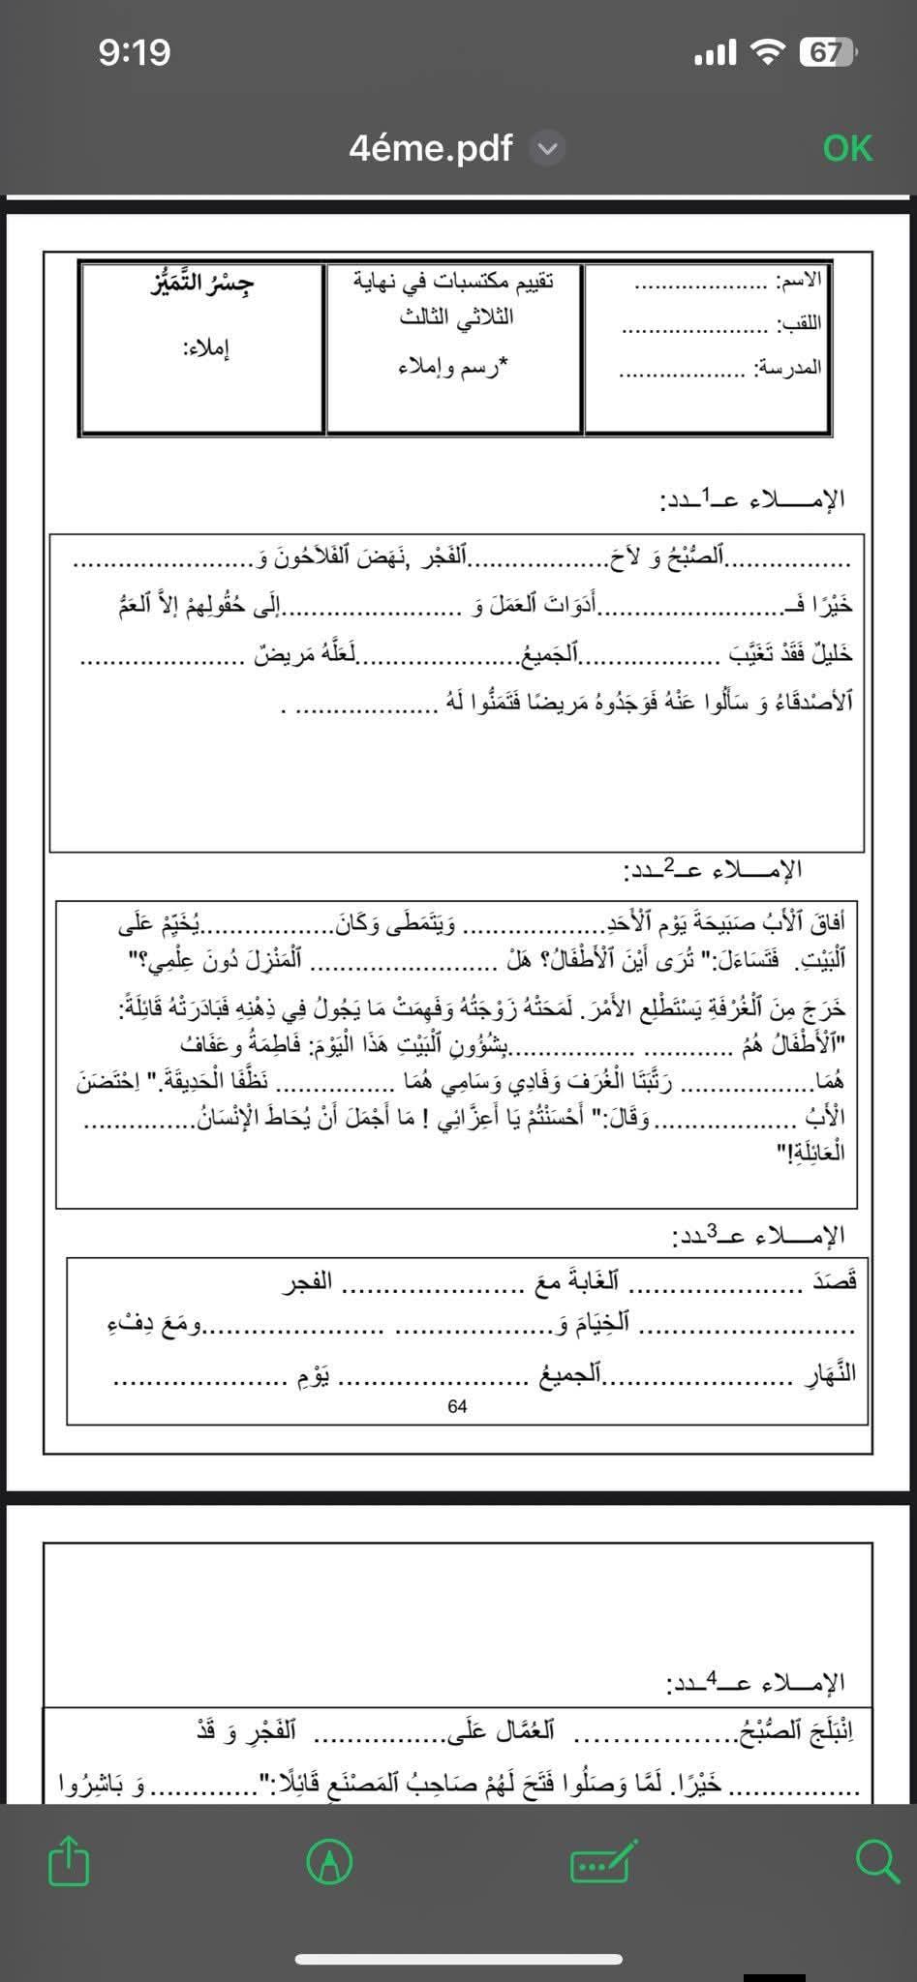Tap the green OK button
pyautogui.click(x=847, y=148)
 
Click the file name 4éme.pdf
pyautogui.click(x=430, y=148)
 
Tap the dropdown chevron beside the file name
pyautogui.click(x=548, y=149)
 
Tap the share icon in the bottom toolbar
pyautogui.click(x=69, y=1861)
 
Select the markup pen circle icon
pyautogui.click(x=329, y=1861)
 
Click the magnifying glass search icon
pyautogui.click(x=876, y=1861)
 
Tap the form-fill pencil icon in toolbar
pyautogui.click(x=603, y=1861)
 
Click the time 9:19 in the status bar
pyautogui.click(x=134, y=51)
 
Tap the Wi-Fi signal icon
pyautogui.click(x=767, y=51)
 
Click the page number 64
pyautogui.click(x=458, y=1406)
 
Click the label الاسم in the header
pyautogui.click(x=800, y=281)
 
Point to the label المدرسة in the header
pyautogui.click(x=788, y=368)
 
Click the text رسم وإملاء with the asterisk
pyautogui.click(x=453, y=368)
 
